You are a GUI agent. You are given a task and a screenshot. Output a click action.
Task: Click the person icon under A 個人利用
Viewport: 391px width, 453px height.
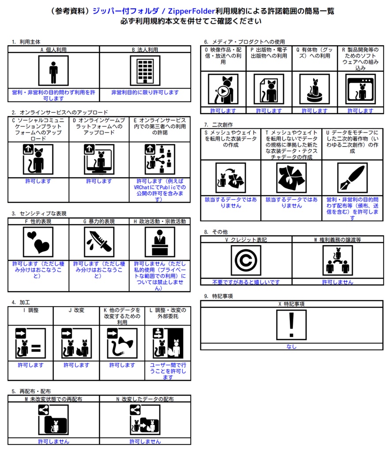point(53,70)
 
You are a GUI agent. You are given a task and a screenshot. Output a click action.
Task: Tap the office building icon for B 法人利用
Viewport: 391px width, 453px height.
point(145,70)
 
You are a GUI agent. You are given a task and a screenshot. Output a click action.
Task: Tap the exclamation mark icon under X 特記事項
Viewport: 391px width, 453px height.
point(291,325)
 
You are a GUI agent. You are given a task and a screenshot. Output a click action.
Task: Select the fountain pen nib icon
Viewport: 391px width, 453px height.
point(352,178)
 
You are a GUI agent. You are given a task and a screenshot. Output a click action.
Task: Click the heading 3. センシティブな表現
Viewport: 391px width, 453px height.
point(39,214)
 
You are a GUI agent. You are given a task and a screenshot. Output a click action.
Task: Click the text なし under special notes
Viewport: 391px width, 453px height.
point(291,347)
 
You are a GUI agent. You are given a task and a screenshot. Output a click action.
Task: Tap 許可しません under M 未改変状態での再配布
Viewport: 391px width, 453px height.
point(53,441)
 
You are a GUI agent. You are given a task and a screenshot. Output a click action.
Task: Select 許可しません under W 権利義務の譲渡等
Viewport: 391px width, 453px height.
point(338,282)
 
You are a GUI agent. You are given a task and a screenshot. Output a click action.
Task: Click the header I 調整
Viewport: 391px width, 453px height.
point(30,310)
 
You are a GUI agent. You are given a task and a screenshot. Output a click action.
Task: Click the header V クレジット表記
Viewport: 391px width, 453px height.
point(246,240)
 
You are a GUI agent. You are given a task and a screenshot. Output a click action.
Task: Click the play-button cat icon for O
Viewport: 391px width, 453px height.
point(223,89)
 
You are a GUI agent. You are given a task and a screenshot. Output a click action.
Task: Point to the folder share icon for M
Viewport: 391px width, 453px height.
point(53,420)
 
